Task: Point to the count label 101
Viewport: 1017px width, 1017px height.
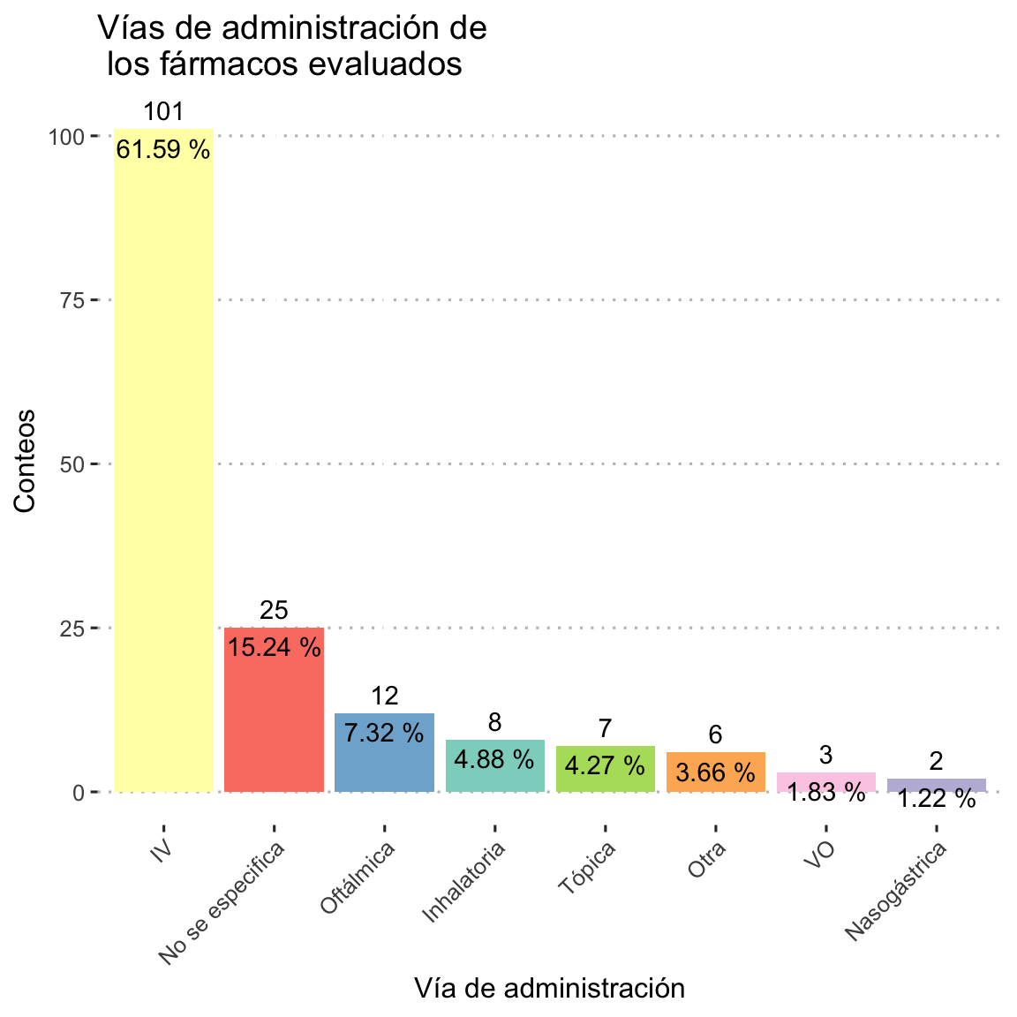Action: click(163, 112)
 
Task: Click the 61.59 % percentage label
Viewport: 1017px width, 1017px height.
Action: click(163, 150)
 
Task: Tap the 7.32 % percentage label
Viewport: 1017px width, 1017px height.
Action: click(384, 733)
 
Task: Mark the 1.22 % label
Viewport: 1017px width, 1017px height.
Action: click(936, 800)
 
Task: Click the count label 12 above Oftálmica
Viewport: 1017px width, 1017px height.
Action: click(384, 696)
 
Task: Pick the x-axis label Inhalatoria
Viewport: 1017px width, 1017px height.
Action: click(465, 882)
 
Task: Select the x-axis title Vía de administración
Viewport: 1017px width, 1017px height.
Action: click(549, 988)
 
